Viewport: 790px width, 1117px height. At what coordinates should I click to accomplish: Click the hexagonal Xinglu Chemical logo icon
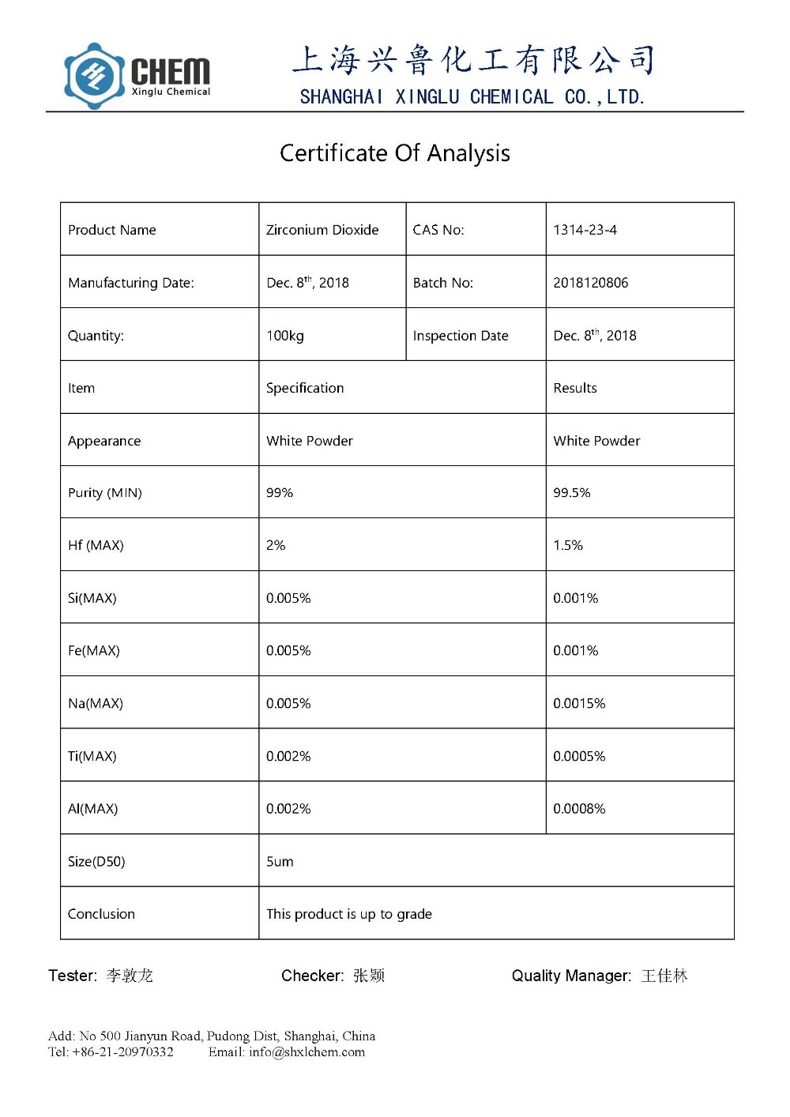(94, 76)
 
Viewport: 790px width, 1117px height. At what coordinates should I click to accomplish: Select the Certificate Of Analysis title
(394, 152)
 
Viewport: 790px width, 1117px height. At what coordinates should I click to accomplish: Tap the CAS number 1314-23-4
(585, 230)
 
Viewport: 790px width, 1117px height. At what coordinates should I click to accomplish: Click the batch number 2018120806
(590, 283)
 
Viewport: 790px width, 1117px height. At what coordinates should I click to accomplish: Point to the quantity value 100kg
(284, 336)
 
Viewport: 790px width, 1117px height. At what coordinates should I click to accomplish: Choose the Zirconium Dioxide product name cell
(322, 230)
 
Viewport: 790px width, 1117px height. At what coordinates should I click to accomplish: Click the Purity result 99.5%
(571, 493)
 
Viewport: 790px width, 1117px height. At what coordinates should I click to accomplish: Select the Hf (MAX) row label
(96, 545)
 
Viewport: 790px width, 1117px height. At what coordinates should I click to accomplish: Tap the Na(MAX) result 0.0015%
(578, 703)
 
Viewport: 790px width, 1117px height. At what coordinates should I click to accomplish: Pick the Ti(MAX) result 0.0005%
(578, 756)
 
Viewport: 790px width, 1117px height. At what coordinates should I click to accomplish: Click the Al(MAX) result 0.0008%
(578, 809)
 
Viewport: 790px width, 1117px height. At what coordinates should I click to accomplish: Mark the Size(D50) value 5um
(280, 862)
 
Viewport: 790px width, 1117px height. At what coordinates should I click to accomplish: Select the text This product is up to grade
(348, 914)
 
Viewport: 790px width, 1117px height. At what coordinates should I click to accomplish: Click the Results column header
(574, 388)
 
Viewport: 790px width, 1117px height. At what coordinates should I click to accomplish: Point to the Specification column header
(305, 388)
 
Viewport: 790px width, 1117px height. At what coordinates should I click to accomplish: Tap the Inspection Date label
(461, 336)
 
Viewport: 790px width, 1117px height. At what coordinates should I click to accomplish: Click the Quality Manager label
(571, 976)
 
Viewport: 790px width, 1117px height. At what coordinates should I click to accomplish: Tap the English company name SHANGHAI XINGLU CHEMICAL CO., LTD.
(472, 97)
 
